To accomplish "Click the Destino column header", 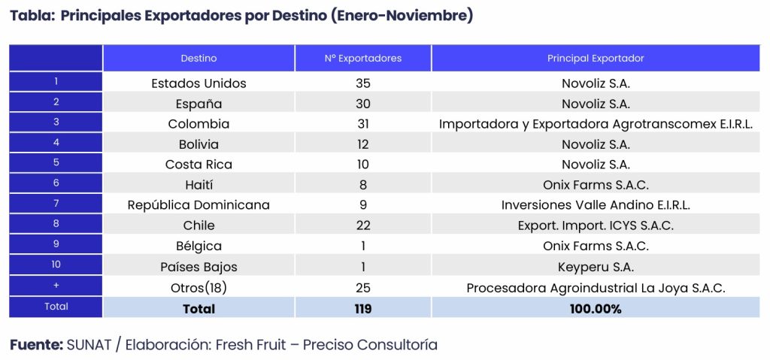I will (x=199, y=58).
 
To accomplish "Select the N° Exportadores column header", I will (x=363, y=58).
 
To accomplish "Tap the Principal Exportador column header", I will (x=596, y=58).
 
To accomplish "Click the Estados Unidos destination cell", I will (x=199, y=83).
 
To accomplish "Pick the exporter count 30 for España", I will (x=363, y=104).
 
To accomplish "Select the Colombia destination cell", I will (x=199, y=124).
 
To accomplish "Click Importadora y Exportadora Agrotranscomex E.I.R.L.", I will (x=596, y=124).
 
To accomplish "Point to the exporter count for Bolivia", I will (x=363, y=144).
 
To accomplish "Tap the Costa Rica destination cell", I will (x=199, y=165).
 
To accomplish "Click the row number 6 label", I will (x=56, y=184).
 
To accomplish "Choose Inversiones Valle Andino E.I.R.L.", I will (x=596, y=205).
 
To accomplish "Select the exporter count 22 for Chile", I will (x=363, y=225).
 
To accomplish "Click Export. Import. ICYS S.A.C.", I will (x=596, y=225).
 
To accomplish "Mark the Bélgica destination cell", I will (x=199, y=246).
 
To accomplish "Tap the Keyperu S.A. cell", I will (x=596, y=266).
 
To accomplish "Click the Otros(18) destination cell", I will (x=199, y=287).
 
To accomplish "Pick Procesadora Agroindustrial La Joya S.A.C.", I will (x=596, y=287).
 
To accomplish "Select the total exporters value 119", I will (x=363, y=308).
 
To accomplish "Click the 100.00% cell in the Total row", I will (x=596, y=308).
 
